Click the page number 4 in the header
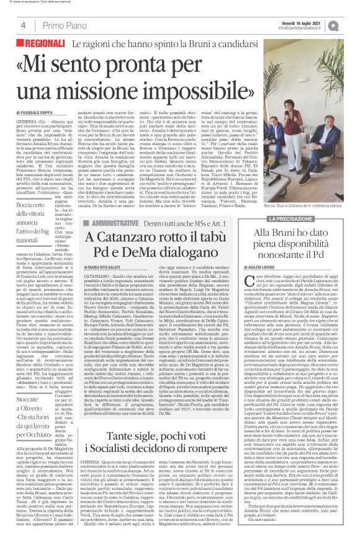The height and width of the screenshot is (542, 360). click(x=23, y=26)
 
